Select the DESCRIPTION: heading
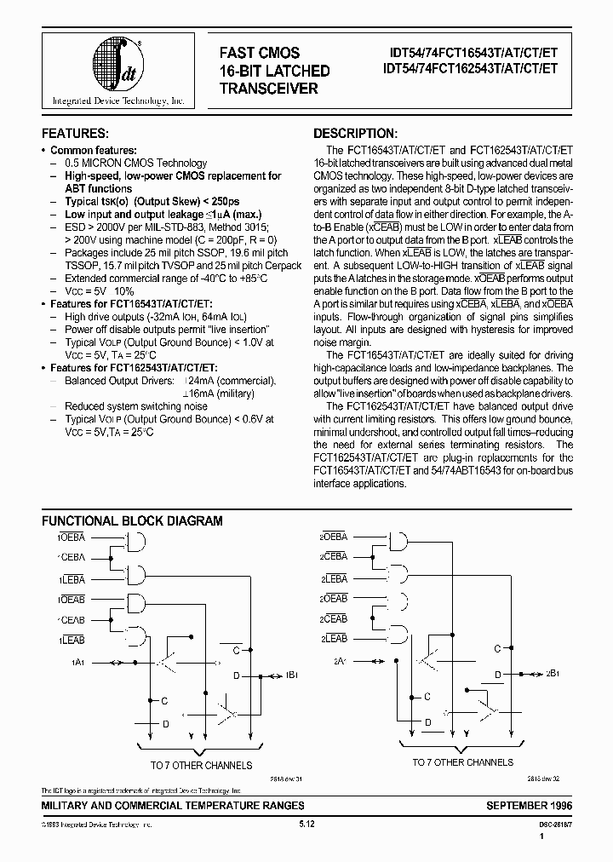pos(355,134)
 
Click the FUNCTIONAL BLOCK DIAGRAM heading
pos(132,520)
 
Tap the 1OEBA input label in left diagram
pos(72,537)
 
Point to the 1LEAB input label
pos(72,639)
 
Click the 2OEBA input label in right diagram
pos(333,537)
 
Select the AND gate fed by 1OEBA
pos(134,542)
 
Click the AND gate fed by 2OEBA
pos(396,542)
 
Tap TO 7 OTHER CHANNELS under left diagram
pos(201,766)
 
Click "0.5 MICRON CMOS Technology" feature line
pos(135,163)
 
